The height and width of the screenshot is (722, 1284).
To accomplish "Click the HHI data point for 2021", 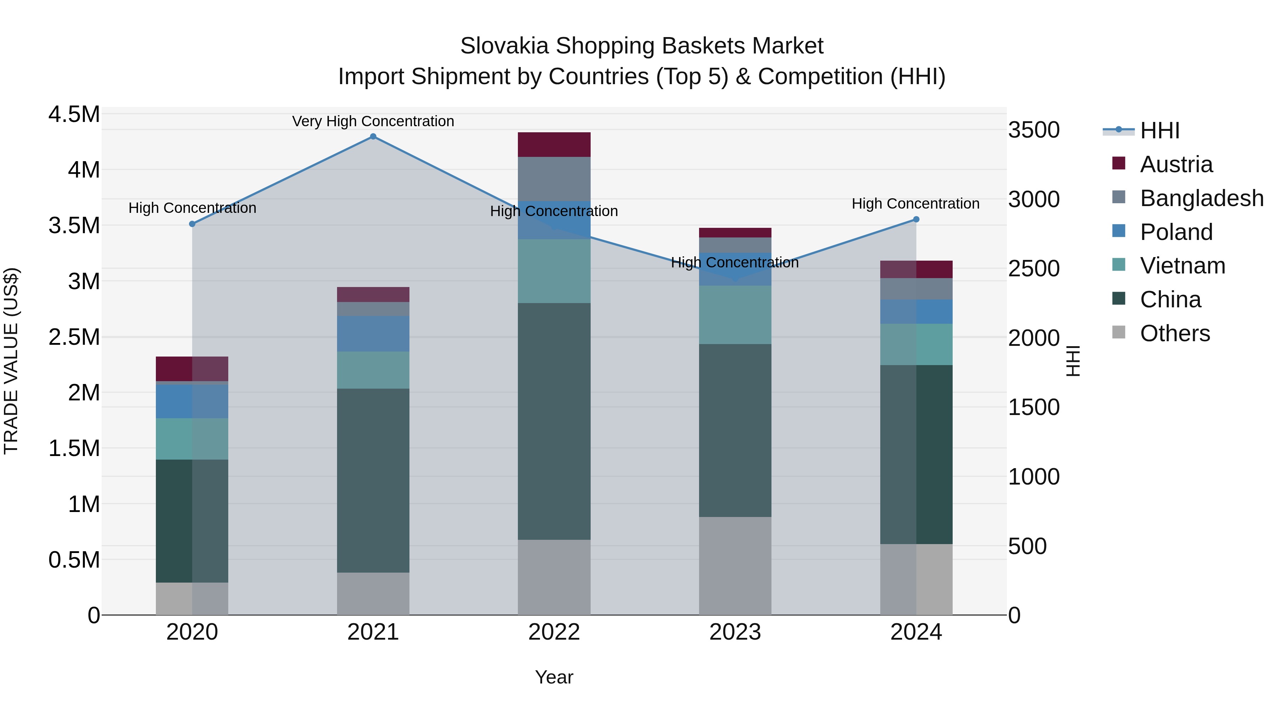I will coord(373,137).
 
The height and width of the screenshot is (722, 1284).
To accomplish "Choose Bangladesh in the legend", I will coord(1201,198).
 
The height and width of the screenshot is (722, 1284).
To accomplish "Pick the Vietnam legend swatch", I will coord(1119,265).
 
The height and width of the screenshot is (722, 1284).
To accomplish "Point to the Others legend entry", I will coord(1175,333).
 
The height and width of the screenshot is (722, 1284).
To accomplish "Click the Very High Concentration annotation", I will coord(373,122).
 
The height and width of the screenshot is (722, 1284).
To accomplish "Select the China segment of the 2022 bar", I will coord(554,421).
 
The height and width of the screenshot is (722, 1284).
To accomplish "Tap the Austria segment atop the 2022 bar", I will coord(554,144).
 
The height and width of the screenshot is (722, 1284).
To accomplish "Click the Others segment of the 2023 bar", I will coord(735,565).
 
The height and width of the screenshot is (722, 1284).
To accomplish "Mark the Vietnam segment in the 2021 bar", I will coord(373,370).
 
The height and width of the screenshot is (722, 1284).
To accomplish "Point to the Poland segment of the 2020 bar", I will coord(192,401).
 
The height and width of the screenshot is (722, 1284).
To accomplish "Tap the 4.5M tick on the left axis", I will coord(74,114).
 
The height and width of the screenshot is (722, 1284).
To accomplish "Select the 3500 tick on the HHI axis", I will coord(1034,130).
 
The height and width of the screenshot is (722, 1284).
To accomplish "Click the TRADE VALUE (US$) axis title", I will coord(11,361).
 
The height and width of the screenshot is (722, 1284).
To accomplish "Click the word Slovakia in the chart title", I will coord(504,46).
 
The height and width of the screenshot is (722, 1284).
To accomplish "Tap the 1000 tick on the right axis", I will coord(1034,477).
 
